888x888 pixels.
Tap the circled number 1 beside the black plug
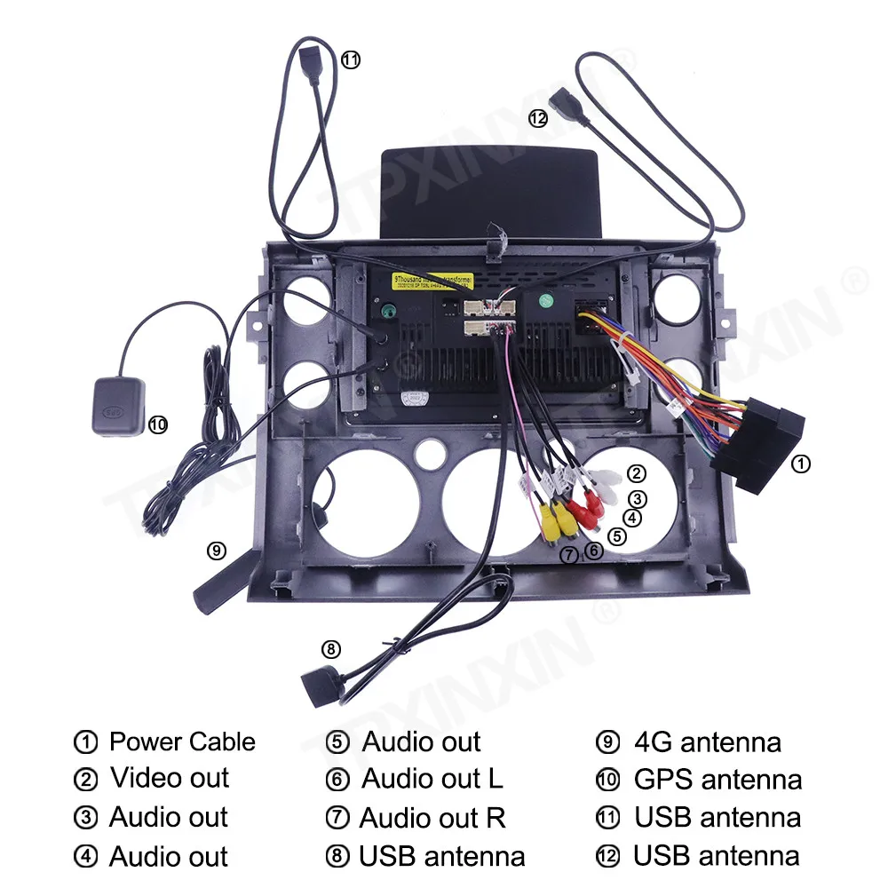pos(800,463)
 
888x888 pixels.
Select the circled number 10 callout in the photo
pos(158,425)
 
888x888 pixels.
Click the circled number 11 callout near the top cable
pos(352,60)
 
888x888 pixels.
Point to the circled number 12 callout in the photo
pos(538,117)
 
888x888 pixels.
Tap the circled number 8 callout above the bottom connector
pos(331,649)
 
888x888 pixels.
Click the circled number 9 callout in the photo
pos(217,551)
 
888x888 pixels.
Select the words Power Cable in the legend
pos(182,741)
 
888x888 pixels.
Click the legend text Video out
pos(170,779)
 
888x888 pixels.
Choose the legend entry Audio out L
pos(432,779)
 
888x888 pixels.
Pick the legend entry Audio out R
pos(432,818)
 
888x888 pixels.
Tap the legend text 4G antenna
pos(708,741)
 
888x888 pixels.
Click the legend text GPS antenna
pos(718,780)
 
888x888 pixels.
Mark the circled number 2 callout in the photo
pos(636,473)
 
